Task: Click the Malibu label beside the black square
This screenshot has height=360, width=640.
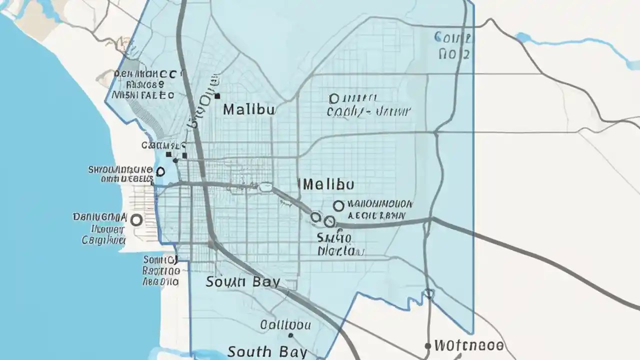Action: tap(248, 109)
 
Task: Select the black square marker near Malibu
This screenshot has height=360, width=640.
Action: tap(217, 95)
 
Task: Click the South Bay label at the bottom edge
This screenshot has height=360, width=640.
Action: tap(267, 351)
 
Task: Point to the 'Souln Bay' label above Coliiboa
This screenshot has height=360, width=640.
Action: tap(242, 281)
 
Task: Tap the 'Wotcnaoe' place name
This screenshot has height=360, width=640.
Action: tap(468, 345)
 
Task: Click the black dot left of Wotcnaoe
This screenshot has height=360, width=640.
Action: tap(427, 345)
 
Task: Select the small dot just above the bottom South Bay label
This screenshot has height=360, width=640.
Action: tap(290, 336)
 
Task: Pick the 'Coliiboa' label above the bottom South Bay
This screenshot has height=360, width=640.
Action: tap(285, 325)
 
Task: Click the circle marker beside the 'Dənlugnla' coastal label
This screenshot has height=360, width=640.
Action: tap(136, 219)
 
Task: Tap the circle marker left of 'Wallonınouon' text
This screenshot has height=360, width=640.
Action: tap(338, 205)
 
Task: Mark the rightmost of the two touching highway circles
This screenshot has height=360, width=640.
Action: tap(329, 221)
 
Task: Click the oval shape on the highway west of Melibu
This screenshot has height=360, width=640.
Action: tap(265, 187)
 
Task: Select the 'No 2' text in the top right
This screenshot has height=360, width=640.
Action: tap(453, 54)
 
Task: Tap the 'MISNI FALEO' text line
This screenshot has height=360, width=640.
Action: tap(143, 94)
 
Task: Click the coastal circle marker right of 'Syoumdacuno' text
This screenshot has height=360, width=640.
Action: tap(160, 172)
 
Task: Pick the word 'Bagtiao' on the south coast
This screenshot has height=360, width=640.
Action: tap(161, 270)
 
